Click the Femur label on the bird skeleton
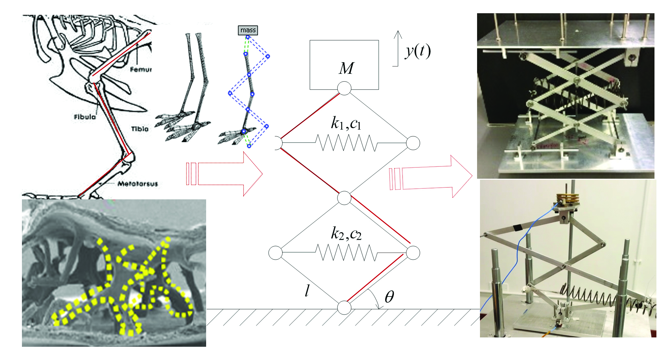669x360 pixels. [x=141, y=69]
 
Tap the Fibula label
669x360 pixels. [x=85, y=116]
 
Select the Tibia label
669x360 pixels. [x=140, y=129]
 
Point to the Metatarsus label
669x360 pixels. [x=138, y=184]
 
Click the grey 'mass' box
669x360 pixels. [x=248, y=30]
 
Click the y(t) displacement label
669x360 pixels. [x=418, y=51]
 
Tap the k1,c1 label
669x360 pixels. [x=346, y=123]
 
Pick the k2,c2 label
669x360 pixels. [x=346, y=233]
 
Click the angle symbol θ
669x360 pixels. [x=389, y=296]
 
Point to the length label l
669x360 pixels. [x=307, y=291]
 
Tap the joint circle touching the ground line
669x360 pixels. [x=344, y=307]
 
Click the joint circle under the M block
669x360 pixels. [x=344, y=88]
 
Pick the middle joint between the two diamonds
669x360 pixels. [x=344, y=198]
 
